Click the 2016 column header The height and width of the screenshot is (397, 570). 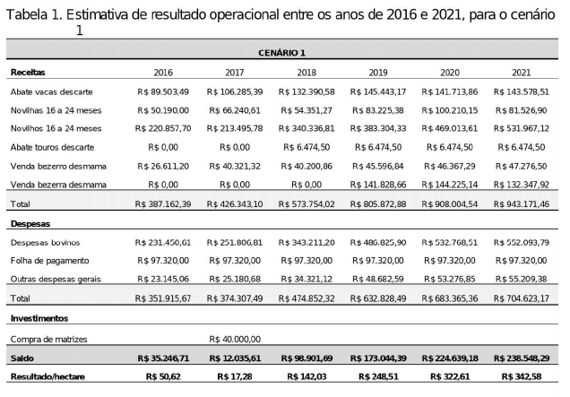pyautogui.click(x=163, y=71)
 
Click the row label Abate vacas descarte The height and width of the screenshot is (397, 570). pyautogui.click(x=52, y=91)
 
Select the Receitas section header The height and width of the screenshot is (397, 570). pyautogui.click(x=28, y=71)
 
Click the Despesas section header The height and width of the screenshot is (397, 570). pyautogui.click(x=31, y=223)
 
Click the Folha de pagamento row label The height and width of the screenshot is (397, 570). pyautogui.click(x=49, y=260)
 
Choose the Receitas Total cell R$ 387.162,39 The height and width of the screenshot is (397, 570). pyautogui.click(x=163, y=204)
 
